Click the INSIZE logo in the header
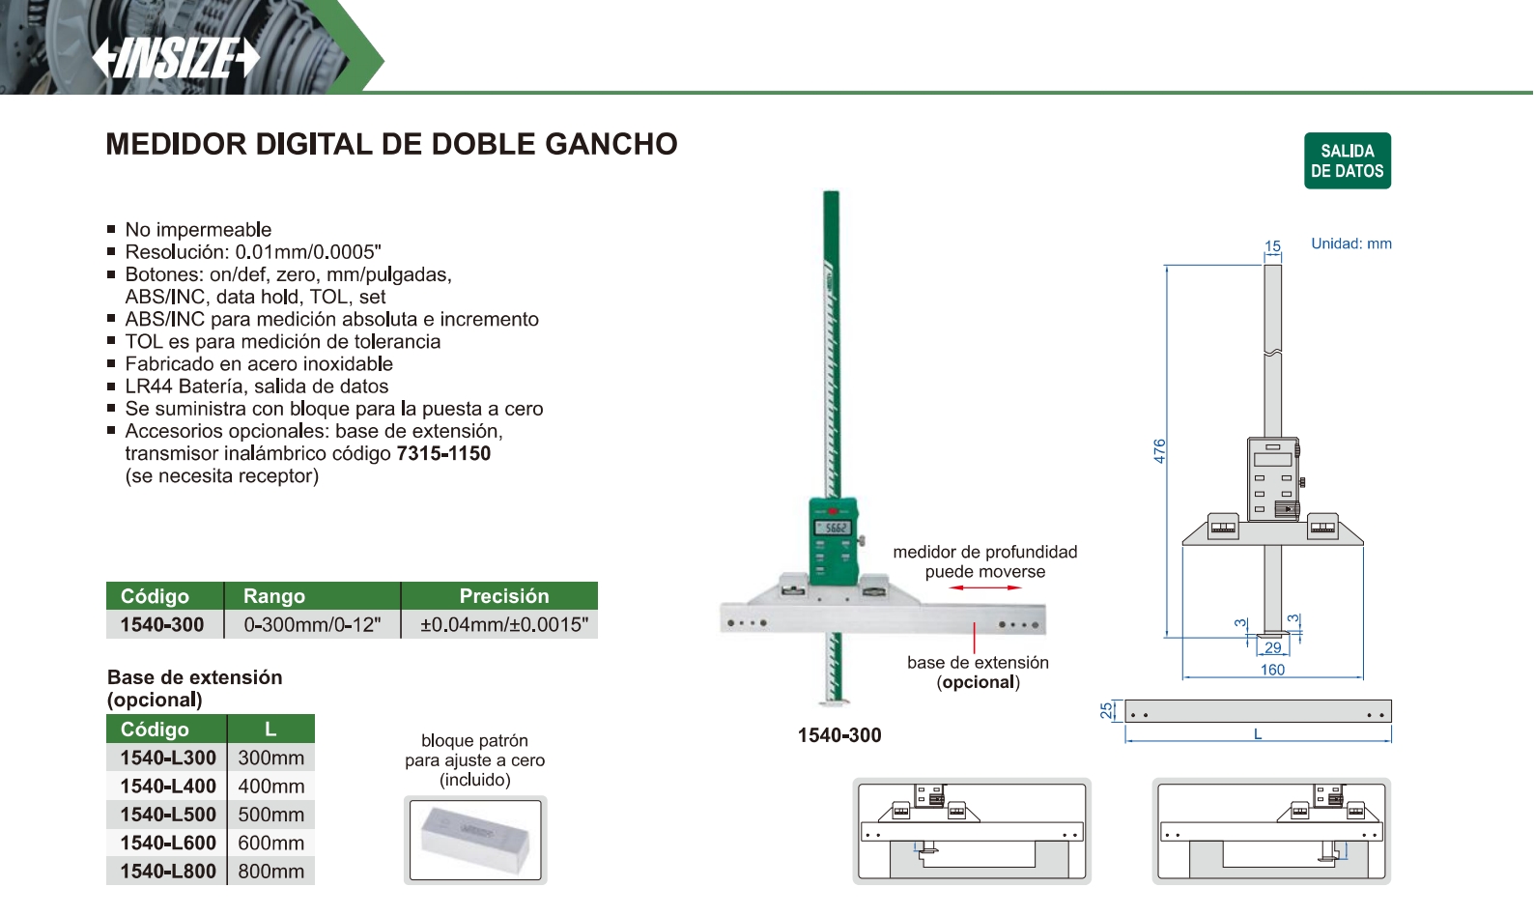(176, 58)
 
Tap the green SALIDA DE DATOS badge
(1347, 161)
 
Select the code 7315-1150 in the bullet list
(443, 453)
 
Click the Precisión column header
(504, 596)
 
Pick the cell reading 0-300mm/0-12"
(312, 625)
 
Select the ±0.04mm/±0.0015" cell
(504, 625)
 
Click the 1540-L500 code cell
(168, 815)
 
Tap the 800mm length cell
(271, 872)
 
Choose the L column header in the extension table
(271, 729)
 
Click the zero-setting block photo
(475, 840)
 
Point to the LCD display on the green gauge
(832, 528)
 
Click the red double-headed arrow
(984, 587)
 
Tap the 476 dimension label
(1159, 451)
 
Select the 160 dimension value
(1272, 670)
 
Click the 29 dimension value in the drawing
(1272, 647)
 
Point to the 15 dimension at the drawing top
(1272, 246)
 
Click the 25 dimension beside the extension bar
(1106, 711)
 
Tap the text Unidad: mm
(1351, 243)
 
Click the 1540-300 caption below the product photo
(839, 735)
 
